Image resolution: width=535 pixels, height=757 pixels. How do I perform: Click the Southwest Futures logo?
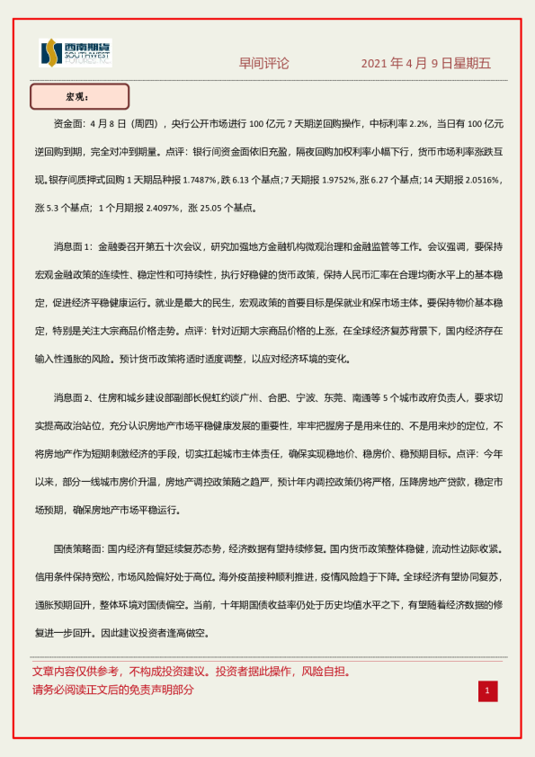(x=76, y=53)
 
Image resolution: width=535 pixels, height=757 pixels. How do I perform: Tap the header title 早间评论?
(x=264, y=64)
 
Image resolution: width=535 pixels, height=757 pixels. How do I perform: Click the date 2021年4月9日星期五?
(x=426, y=64)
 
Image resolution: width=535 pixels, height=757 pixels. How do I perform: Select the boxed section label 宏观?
(x=80, y=96)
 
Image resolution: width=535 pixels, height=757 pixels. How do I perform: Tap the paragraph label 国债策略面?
(x=79, y=548)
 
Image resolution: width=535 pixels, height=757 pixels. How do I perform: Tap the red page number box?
(x=487, y=690)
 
